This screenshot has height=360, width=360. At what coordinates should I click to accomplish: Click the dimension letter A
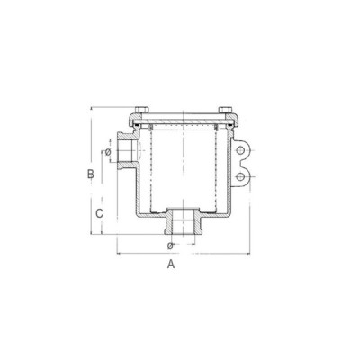click(171, 265)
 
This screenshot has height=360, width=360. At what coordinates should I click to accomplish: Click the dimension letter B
click(91, 174)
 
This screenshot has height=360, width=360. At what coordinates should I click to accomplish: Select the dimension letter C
click(99, 213)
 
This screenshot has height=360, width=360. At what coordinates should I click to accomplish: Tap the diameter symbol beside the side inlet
click(108, 152)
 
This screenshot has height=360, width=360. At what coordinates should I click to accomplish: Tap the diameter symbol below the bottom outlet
click(170, 246)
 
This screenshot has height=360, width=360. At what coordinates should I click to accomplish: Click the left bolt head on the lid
click(141, 109)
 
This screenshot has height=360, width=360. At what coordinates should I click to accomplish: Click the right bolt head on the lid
click(225, 109)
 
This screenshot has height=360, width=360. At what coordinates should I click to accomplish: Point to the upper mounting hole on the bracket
click(239, 150)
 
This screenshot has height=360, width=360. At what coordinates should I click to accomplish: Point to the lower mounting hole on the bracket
click(239, 177)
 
